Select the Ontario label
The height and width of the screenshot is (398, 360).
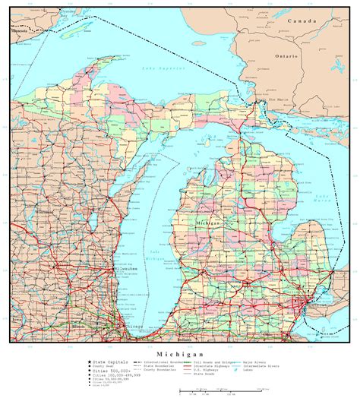click(x=287, y=55)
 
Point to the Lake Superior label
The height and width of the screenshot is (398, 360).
click(x=156, y=69)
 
